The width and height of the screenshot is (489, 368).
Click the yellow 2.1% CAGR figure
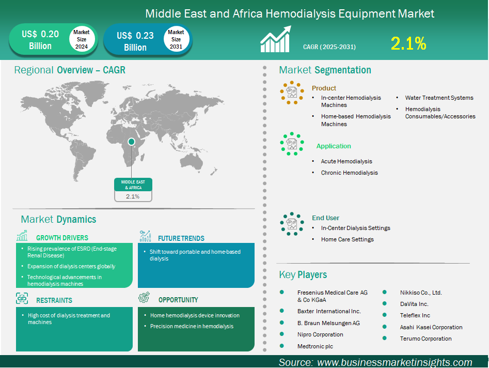408,43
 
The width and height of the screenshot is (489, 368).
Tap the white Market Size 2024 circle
82,39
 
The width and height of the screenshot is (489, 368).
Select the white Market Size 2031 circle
176,39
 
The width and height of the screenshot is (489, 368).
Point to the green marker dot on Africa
131,142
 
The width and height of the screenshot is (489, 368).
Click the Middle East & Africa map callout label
133,185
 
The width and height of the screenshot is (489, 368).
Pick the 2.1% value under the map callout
133,196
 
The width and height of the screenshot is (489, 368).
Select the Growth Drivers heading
62,238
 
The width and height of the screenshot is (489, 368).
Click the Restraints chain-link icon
22,299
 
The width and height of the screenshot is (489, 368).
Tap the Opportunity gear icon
144,298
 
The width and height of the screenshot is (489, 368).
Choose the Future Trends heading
181,238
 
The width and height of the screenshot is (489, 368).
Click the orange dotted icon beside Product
292,93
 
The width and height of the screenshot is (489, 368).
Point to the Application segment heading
334,146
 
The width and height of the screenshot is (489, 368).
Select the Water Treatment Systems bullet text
439,98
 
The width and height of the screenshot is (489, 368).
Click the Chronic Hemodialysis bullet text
349,173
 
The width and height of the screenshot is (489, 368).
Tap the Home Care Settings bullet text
348,239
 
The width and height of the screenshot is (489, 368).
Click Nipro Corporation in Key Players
320,334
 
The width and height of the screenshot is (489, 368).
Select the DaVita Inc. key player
414,304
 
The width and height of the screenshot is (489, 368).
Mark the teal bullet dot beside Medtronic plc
282,346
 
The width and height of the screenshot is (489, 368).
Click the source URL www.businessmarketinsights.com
395,362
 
